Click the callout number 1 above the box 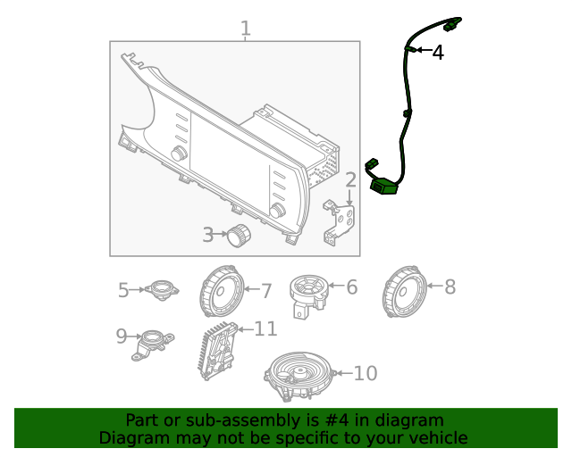245,29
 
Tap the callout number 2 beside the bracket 351,180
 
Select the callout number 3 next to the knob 207,235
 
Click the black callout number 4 437,53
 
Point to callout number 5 124,289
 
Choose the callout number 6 351,287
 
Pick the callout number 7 265,290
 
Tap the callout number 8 450,287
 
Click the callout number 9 122,336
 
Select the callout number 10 366,373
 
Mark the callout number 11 265,329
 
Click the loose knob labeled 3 239,236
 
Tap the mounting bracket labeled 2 341,220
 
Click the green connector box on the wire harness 385,187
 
